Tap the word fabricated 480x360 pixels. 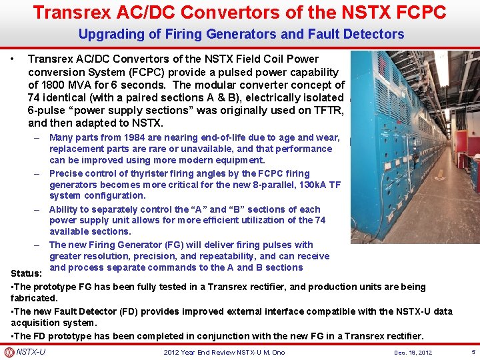coord(35,298)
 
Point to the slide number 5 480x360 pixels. coord(473,351)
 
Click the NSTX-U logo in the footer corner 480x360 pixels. coord(9,352)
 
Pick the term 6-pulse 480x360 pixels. coord(47,111)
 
